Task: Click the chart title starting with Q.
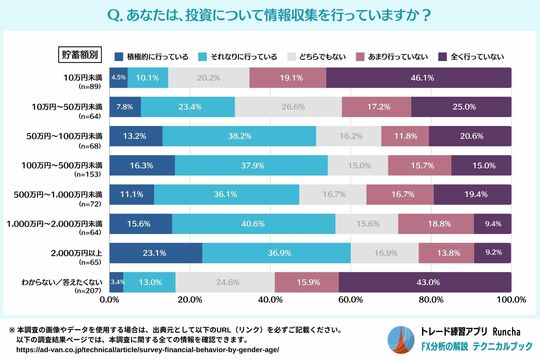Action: (x=270, y=15)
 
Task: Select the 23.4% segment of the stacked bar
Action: (x=188, y=106)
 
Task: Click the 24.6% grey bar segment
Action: (x=225, y=283)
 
